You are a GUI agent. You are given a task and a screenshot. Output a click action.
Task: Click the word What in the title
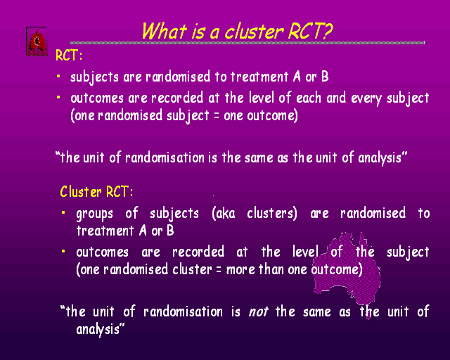165,31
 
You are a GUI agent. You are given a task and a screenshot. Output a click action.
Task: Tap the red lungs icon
37,41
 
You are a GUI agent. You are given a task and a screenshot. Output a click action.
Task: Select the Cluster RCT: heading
97,191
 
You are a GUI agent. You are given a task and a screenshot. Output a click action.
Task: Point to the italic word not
258,311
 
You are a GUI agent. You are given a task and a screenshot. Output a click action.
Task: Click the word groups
95,214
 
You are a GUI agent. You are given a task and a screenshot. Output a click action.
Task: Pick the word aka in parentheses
224,213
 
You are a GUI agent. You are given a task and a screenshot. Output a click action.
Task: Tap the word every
366,98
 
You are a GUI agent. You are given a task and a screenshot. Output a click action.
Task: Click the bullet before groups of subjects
63,213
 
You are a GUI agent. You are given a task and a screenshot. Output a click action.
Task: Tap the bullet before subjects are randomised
58,76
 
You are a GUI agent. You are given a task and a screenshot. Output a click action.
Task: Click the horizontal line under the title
247,43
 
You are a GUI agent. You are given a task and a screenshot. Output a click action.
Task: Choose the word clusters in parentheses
271,213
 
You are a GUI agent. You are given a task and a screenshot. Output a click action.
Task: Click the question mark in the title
327,31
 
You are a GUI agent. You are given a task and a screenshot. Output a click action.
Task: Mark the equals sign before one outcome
217,116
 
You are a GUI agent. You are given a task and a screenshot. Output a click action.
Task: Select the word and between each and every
336,98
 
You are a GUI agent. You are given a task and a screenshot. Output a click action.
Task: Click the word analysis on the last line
98,330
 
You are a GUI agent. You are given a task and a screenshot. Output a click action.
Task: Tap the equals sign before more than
219,270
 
